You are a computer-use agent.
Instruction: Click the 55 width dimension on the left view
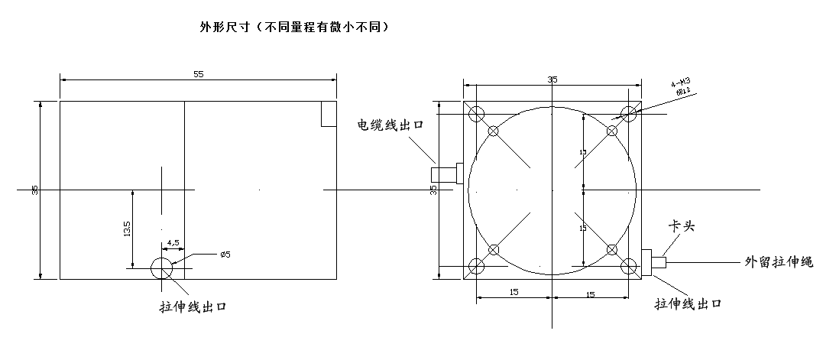pyautogui.click(x=199, y=74)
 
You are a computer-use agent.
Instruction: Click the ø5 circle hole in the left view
pyautogui.click(x=162, y=268)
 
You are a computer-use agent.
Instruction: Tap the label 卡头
pyautogui.click(x=682, y=227)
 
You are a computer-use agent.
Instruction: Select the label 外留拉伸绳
pyautogui.click(x=779, y=261)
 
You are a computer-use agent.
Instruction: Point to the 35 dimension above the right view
pyautogui.click(x=552, y=79)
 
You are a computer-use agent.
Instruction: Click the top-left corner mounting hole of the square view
pyautogui.click(x=477, y=115)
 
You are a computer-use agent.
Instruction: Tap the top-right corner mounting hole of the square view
pyautogui.click(x=629, y=115)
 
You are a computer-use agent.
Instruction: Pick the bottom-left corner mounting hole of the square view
pyautogui.click(x=477, y=266)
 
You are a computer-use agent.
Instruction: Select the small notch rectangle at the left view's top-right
pyautogui.click(x=329, y=114)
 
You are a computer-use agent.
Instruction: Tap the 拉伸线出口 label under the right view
pyautogui.click(x=689, y=303)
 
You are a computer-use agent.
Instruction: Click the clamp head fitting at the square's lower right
pyautogui.click(x=653, y=261)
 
